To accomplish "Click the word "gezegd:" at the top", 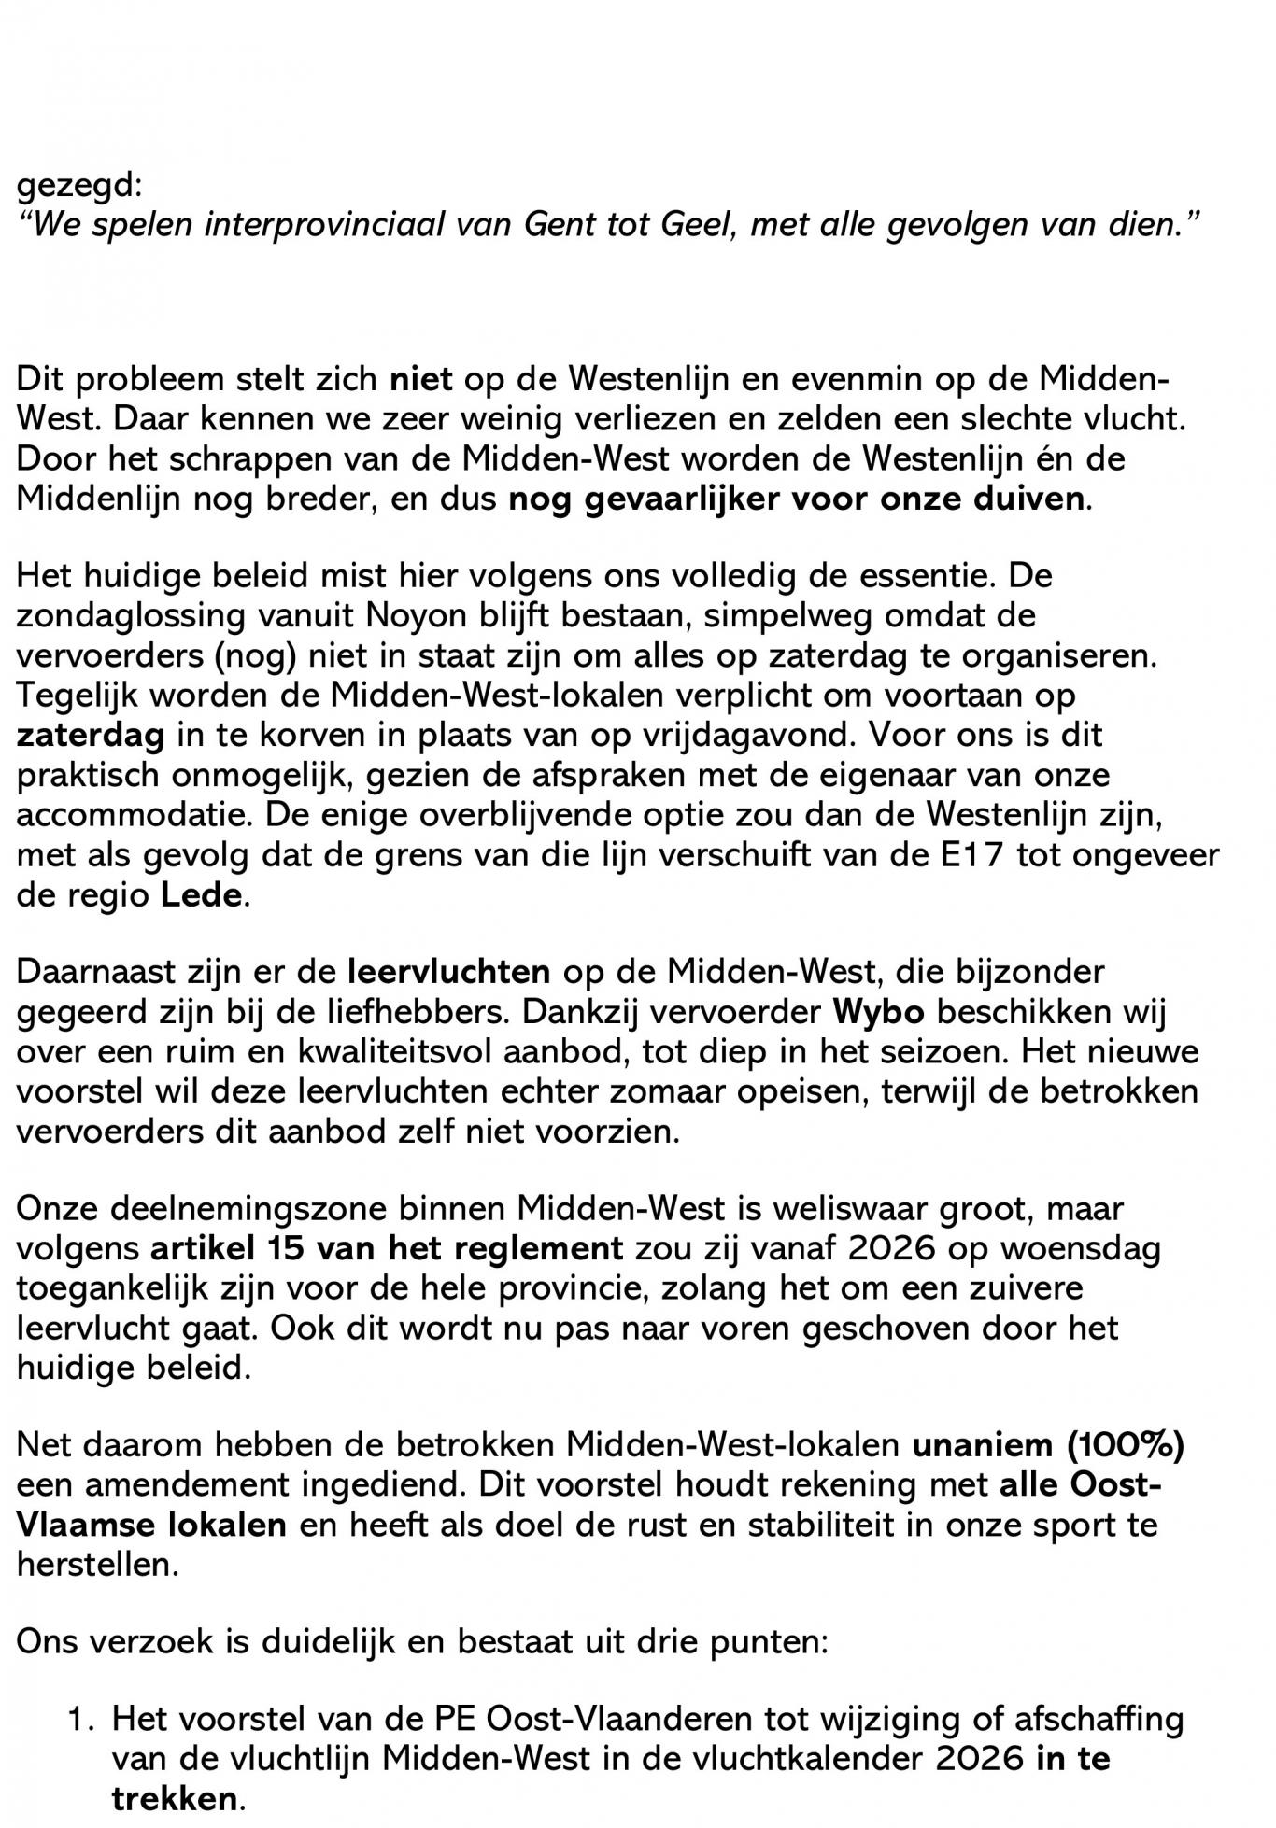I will tap(78, 186).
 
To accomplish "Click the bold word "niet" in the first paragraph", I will tap(420, 380).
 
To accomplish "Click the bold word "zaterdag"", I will tap(91, 735).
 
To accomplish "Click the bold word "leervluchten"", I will tap(448, 972).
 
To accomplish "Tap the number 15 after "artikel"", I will tap(289, 1249).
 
